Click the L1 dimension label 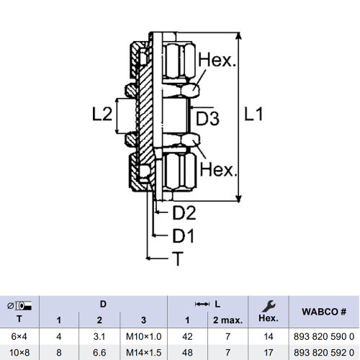[253, 114]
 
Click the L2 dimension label [102, 114]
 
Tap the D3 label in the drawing [207, 118]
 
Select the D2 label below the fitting [184, 213]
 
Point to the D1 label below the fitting [183, 235]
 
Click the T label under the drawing [178, 258]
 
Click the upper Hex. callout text [217, 60]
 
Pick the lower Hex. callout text [218, 170]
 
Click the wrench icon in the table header [269, 306]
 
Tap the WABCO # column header [324, 312]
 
